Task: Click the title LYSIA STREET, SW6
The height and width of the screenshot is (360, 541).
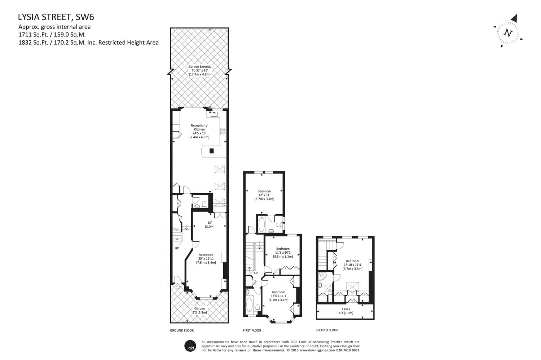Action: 56,17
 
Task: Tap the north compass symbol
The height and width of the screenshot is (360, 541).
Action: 508,32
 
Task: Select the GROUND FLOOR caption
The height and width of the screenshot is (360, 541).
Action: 182,330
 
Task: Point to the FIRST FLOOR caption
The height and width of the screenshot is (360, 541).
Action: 252,330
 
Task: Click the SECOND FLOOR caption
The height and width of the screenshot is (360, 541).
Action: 327,330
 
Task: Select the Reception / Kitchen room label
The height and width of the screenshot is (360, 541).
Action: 199,131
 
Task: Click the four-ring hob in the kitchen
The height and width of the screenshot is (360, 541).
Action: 223,132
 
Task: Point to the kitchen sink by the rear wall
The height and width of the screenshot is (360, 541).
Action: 214,114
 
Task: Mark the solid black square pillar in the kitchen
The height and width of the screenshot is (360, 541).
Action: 211,151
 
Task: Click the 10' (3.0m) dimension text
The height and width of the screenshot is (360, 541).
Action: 210,225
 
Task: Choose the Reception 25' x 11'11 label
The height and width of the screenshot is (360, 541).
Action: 206,259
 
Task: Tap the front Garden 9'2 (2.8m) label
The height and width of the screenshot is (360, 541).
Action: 199,311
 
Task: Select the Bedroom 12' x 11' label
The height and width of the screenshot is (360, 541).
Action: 264,195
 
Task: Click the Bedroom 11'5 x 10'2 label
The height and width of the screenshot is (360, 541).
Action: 283,253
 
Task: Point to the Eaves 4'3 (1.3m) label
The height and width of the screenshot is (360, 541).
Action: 346,311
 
